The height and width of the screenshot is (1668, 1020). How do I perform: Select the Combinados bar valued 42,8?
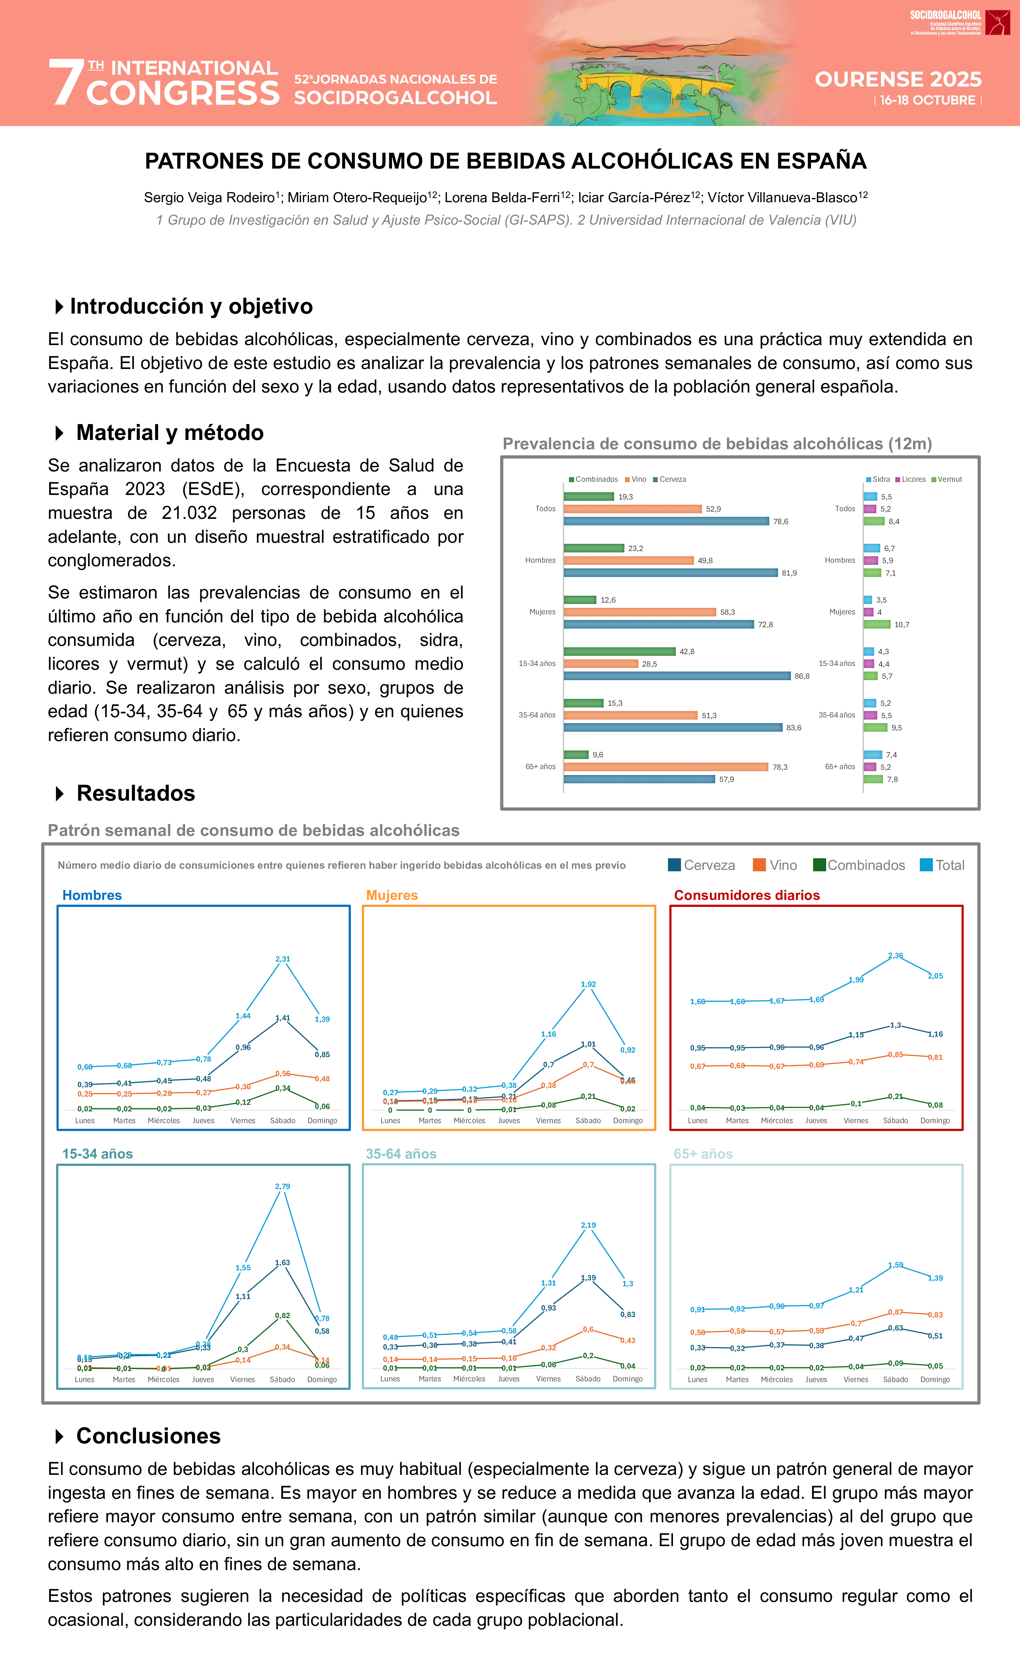(619, 651)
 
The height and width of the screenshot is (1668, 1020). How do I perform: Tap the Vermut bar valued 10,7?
(876, 624)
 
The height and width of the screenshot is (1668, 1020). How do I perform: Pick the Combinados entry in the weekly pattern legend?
(859, 865)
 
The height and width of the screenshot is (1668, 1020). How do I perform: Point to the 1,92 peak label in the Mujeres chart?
(588, 984)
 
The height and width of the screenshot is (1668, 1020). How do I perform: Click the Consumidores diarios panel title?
(747, 895)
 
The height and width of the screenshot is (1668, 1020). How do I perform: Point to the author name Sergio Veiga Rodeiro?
(209, 198)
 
